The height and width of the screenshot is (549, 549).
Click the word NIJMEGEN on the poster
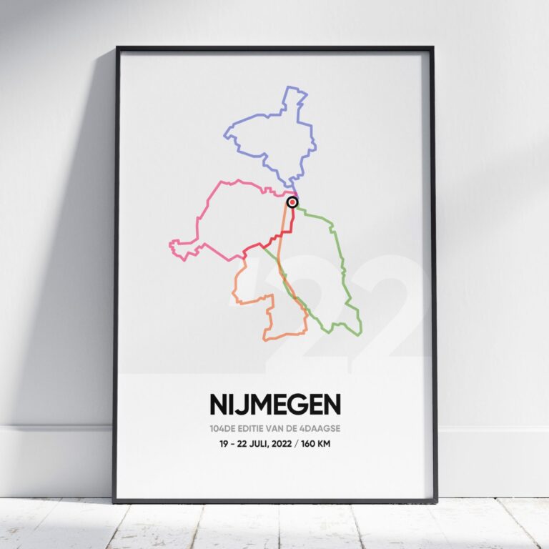click(274, 405)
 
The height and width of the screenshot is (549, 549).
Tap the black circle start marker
click(292, 202)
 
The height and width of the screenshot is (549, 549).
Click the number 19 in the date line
click(225, 444)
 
